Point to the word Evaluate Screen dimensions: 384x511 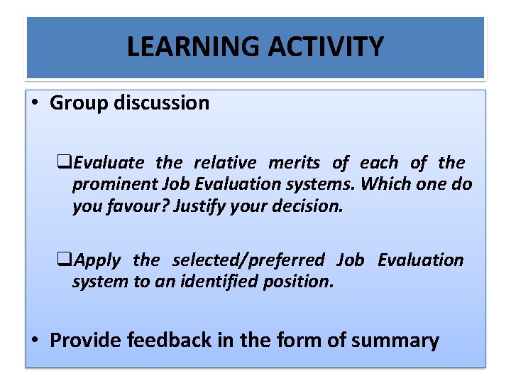click(x=109, y=163)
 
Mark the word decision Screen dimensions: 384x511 click(x=308, y=206)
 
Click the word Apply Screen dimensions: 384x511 click(x=97, y=260)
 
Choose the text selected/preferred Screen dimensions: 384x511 click(x=248, y=260)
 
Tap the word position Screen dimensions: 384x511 click(x=302, y=281)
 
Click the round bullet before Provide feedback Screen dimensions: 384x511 click(x=35, y=341)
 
